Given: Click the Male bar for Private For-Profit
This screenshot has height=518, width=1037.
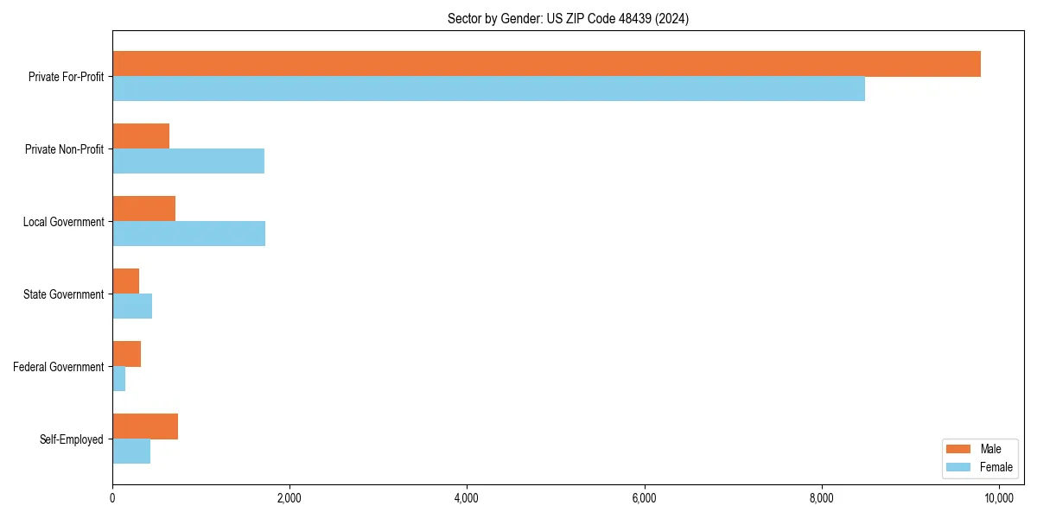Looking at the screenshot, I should point(546,64).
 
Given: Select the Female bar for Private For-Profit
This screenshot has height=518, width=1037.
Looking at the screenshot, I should point(488,89).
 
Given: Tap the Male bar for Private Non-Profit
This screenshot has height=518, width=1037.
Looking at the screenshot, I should point(141,136).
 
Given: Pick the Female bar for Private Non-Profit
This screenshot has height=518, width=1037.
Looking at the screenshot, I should point(188,161).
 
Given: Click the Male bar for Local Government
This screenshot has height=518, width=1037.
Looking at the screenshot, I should point(143,209).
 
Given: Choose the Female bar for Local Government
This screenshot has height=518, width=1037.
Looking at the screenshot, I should point(188,234).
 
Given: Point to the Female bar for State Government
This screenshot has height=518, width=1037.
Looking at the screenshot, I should point(132,306).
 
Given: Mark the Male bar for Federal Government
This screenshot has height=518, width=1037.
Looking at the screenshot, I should point(126,354).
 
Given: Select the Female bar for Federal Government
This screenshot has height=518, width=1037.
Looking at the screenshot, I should point(119,379).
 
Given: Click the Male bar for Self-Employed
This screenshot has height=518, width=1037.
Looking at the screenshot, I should point(145,426).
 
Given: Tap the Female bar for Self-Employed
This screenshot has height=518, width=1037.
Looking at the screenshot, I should point(131,452).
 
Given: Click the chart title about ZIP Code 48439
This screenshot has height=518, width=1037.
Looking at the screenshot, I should point(568,18).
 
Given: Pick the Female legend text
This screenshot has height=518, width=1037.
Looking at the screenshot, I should point(996,467).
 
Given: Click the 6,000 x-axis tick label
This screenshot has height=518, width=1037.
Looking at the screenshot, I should point(644,498).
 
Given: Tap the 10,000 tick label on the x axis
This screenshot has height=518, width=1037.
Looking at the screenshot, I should point(999,498).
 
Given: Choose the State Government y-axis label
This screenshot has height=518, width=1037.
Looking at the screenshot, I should point(63,294).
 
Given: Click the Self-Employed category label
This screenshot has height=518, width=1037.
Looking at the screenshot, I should point(71,439).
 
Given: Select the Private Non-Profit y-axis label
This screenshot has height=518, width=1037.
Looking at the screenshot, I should point(64,149).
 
